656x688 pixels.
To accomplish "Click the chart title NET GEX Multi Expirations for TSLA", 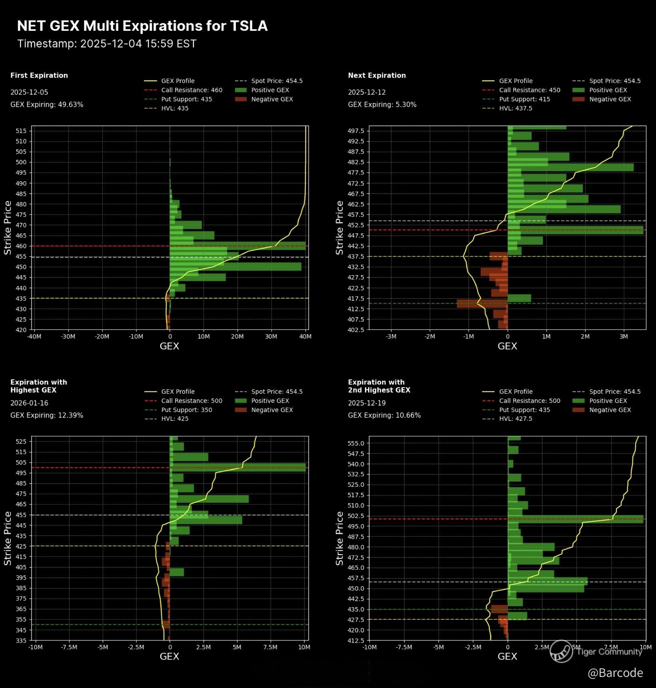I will [x=142, y=26].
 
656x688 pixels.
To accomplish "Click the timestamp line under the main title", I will [x=107, y=44].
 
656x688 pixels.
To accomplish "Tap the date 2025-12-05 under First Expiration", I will [x=29, y=92].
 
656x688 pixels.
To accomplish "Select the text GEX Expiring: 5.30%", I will [x=382, y=105].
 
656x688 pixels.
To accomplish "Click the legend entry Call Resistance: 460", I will [x=191, y=90].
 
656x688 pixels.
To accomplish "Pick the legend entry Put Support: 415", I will [x=524, y=99].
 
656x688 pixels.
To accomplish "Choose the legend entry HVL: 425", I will [x=175, y=419].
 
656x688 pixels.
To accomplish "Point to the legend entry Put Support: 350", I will [x=186, y=410].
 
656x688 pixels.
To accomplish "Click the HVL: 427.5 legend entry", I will [x=515, y=419].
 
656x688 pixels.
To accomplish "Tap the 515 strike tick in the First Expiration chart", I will [x=21, y=131].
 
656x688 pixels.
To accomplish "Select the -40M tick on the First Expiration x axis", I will [x=34, y=337].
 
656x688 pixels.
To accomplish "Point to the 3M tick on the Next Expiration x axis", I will [x=624, y=337].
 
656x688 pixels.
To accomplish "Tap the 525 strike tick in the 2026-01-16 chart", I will [x=21, y=442].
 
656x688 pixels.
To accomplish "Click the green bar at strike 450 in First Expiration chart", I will [x=235, y=267].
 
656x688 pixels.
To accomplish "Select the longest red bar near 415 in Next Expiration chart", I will [x=482, y=303].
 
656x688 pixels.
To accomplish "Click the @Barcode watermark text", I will [x=615, y=673].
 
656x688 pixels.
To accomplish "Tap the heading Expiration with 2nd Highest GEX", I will [x=379, y=386].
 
